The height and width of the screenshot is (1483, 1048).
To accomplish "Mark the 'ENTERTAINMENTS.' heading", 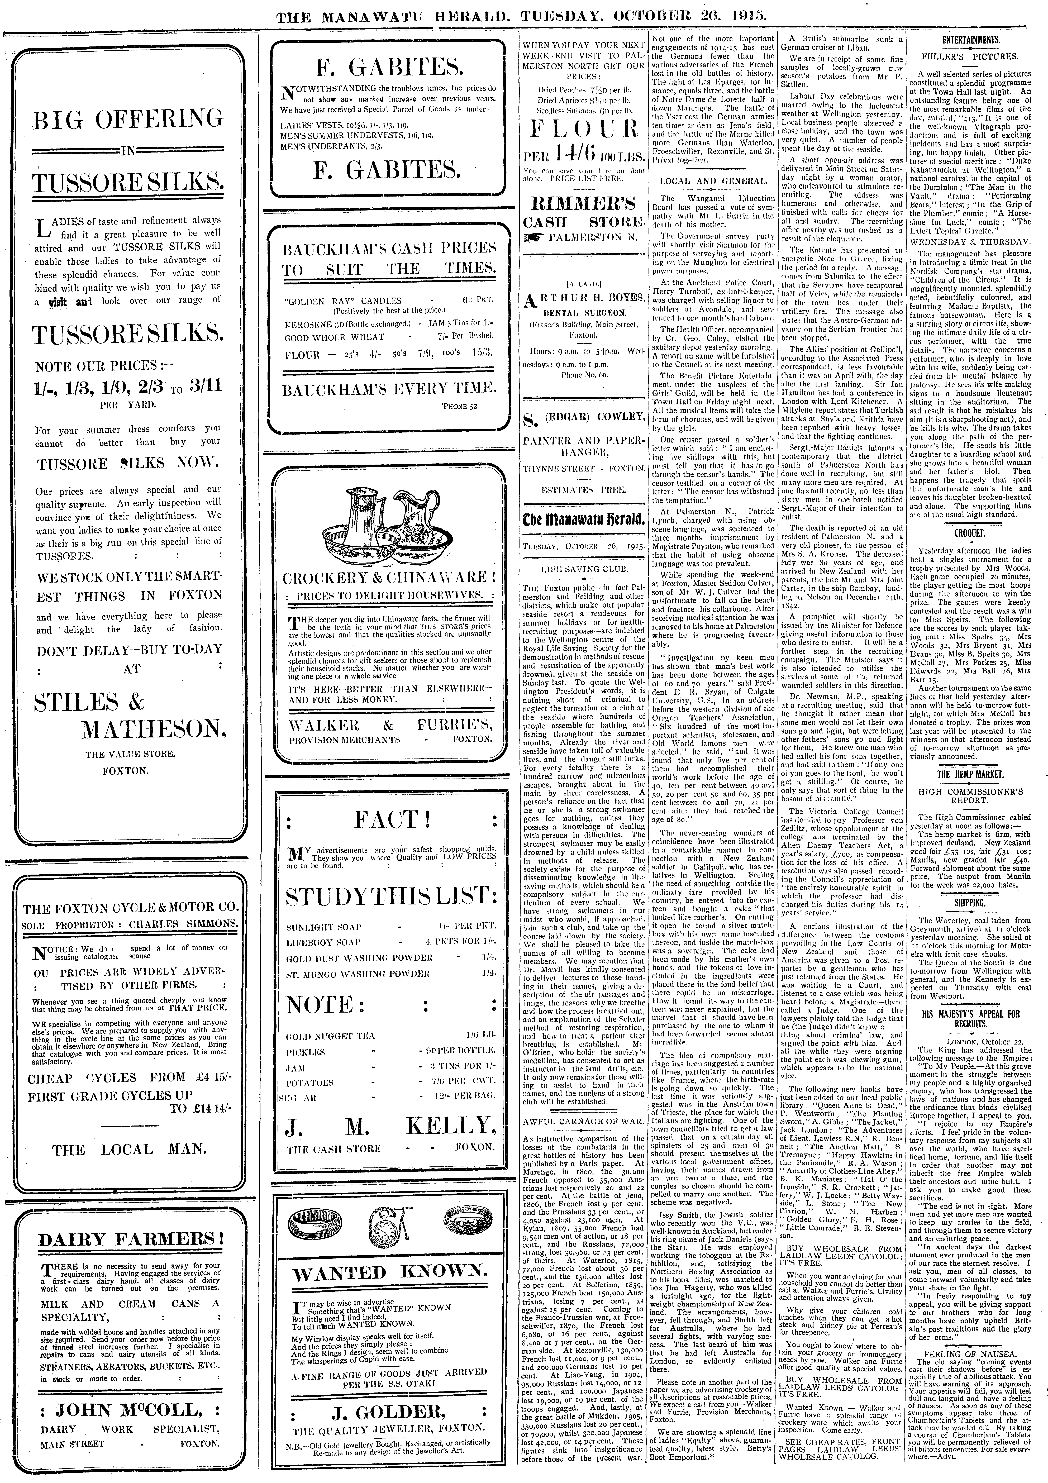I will [x=970, y=40].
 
